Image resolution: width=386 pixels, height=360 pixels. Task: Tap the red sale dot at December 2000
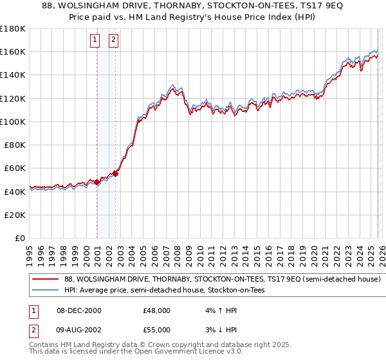97,182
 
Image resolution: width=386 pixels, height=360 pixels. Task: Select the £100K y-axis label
13,122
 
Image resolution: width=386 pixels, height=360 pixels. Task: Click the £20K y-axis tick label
15,215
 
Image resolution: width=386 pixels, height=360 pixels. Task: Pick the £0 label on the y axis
21,238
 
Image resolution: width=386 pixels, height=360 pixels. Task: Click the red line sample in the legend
46,280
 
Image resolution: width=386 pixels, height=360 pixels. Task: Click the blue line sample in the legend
46,291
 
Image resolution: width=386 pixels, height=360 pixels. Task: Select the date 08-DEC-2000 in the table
79,310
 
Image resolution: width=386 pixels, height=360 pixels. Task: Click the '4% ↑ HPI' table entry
219,310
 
